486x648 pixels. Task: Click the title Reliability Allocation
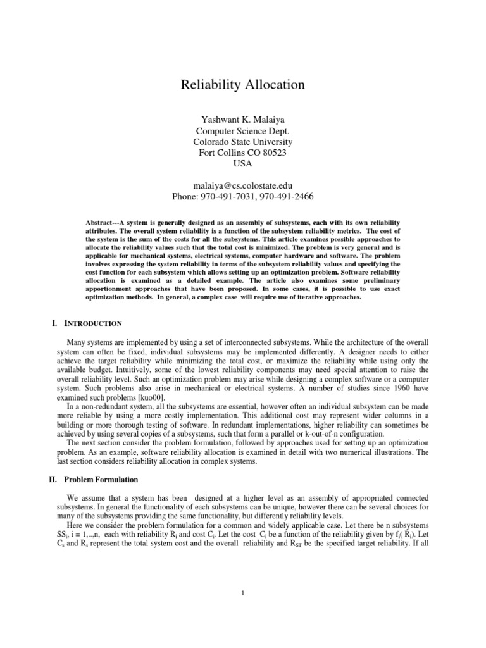tap(243, 84)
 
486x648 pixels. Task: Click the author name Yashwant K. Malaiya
tap(243, 118)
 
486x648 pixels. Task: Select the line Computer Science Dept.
tap(243, 130)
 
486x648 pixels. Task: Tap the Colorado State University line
tap(243, 141)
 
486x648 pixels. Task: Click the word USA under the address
tap(243, 164)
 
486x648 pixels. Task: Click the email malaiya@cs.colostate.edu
tap(243, 185)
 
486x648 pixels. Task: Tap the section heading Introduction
tap(93, 323)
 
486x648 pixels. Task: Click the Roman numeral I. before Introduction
tap(55, 323)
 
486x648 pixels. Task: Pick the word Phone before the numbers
tap(185, 197)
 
